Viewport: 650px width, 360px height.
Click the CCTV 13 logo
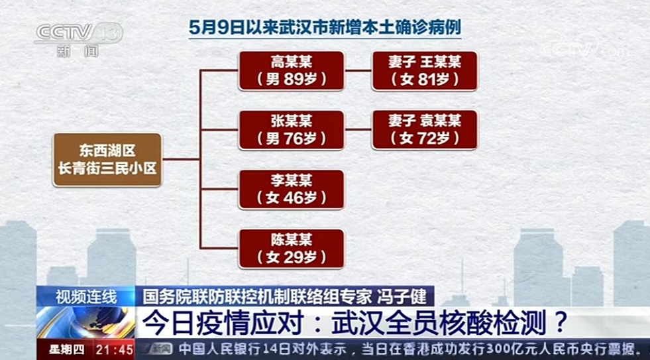coord(79,39)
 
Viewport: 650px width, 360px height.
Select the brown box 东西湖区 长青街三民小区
coord(107,160)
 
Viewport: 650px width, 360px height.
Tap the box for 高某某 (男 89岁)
coord(291,70)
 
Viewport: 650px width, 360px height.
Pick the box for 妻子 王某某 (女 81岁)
coord(425,70)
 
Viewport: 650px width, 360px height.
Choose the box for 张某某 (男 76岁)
coord(291,130)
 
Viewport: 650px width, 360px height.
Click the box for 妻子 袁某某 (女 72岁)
coord(425,130)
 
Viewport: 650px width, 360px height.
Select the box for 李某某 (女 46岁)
coord(291,189)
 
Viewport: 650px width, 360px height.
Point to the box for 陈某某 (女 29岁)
coord(291,249)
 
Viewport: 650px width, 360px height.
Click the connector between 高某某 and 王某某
coord(358,70)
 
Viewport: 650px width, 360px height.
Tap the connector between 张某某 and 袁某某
coord(358,129)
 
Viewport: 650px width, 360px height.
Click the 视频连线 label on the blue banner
coord(86,297)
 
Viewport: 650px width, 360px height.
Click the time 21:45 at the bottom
coord(115,349)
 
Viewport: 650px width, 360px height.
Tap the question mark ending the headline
coord(560,323)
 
